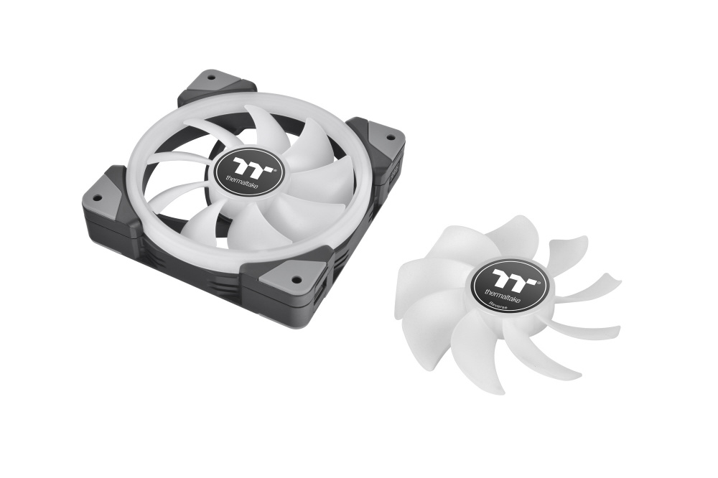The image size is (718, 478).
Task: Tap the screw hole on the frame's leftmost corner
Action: (97, 198)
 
